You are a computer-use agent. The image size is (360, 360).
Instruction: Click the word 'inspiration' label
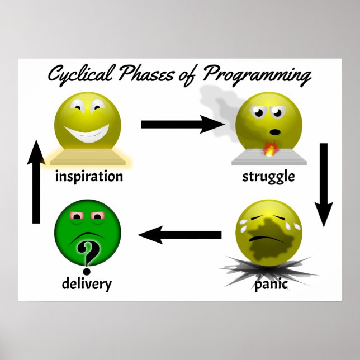click(x=89, y=177)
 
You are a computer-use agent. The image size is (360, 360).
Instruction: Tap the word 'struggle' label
click(x=268, y=177)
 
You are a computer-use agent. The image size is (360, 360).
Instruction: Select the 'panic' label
click(x=271, y=285)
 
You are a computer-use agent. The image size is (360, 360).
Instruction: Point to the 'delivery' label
click(x=87, y=283)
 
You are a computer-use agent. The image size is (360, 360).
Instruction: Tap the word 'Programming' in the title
click(x=258, y=76)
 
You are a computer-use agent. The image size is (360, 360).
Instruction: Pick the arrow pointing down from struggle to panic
click(x=323, y=184)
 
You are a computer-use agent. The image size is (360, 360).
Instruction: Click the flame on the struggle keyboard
click(x=270, y=149)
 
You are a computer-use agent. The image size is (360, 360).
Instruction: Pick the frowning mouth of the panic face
click(x=271, y=240)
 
